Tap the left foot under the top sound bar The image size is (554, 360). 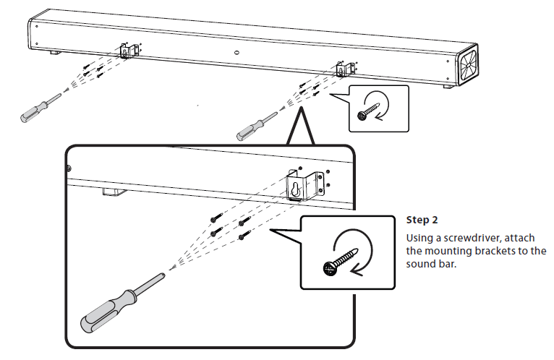[x=55, y=52]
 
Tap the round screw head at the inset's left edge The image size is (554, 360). [x=69, y=168]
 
